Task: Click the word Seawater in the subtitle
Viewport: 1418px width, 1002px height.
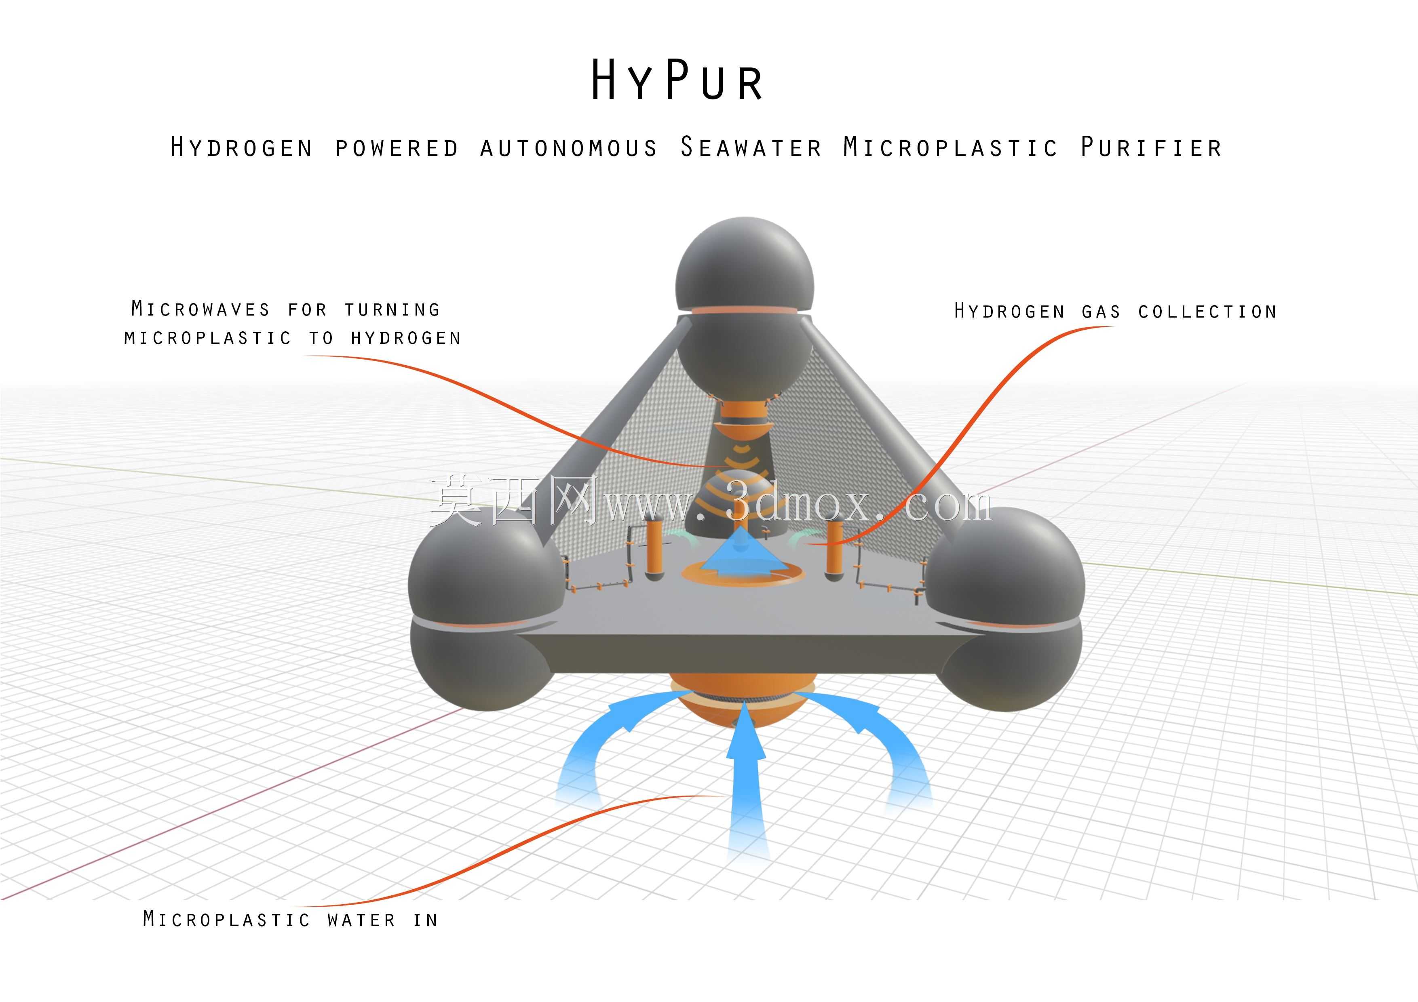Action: tap(751, 147)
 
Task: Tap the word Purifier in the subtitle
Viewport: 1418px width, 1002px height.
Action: tap(1151, 147)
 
